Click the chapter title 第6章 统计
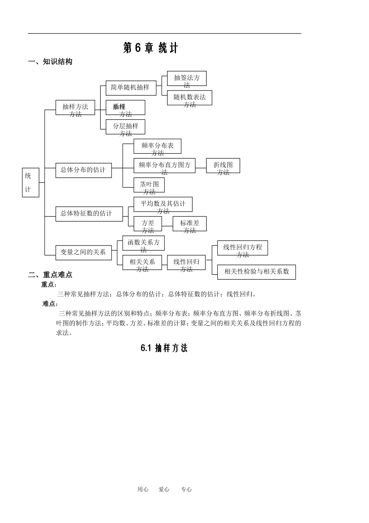[150, 48]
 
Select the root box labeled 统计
[30, 183]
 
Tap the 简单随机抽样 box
[131, 88]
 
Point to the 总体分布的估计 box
[83, 170]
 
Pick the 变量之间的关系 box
[83, 252]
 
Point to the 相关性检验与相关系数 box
[256, 272]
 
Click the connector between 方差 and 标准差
[167, 226]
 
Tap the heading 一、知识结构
[50, 62]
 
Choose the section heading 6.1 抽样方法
[164, 348]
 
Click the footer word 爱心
[164, 490]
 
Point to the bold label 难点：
[50, 304]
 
